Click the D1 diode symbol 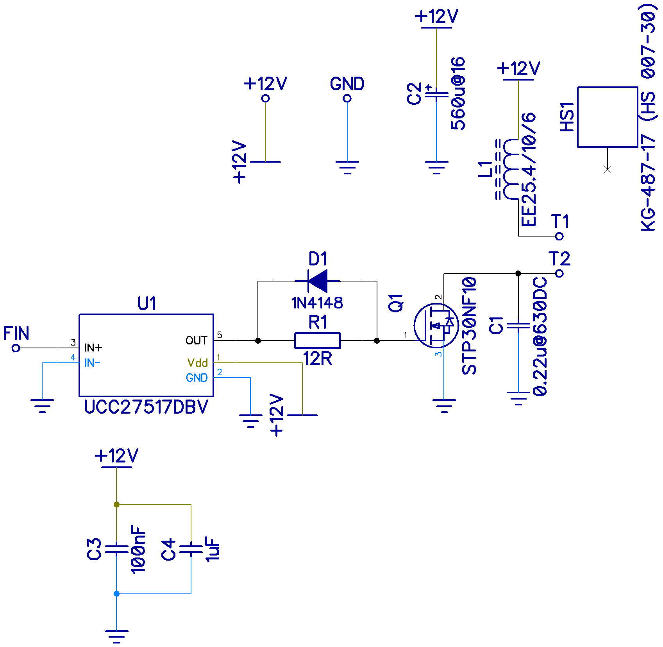click(317, 281)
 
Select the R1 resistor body click(317, 341)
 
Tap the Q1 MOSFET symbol click(436, 325)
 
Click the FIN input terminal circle click(16, 348)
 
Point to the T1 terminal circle click(559, 236)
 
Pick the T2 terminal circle click(559, 273)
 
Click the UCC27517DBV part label click(146, 407)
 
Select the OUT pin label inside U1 click(196, 341)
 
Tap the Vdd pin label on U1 click(197, 363)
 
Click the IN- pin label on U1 click(92, 363)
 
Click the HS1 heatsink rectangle click(608, 117)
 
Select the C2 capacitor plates click(436, 93)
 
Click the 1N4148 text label click(317, 303)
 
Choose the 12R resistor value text click(318, 358)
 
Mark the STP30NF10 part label click(469, 326)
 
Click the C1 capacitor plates click(518, 326)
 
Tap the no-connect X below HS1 click(608, 169)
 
